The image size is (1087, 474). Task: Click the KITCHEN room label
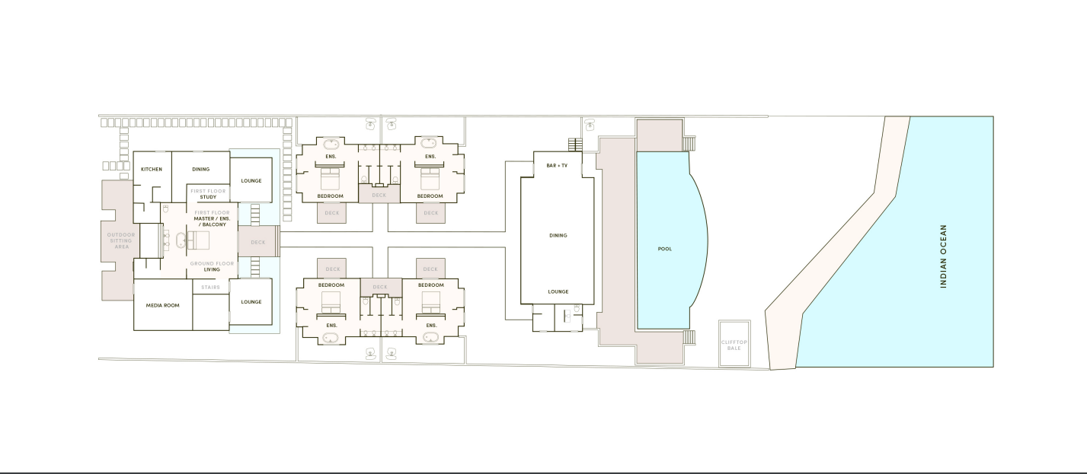152,169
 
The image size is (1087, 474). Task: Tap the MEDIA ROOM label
162,305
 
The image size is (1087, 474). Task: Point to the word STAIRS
210,287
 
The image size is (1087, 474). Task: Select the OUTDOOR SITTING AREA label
120,240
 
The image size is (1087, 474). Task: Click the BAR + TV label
557,165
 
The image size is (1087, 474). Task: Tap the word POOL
665,249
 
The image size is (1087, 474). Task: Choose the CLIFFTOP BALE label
734,345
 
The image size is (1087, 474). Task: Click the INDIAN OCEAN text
943,256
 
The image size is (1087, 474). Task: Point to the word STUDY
208,197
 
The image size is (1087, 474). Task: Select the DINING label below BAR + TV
558,235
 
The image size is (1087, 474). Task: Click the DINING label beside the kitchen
200,169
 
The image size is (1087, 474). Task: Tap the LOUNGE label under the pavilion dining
558,291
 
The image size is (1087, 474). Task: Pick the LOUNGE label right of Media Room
251,302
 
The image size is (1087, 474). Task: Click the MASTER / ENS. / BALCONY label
210,221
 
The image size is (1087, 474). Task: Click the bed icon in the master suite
198,241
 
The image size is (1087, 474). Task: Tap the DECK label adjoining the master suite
257,243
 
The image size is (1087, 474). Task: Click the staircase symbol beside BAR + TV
574,145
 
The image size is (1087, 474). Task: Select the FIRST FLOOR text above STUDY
208,190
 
